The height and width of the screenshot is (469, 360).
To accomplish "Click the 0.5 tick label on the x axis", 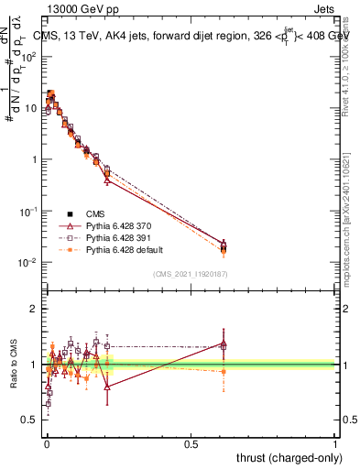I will (191, 442).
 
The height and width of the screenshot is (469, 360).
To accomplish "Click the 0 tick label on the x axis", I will (47, 442).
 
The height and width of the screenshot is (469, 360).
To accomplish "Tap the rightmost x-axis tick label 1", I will (335, 442).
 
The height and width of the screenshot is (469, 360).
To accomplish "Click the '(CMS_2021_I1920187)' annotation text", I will (191, 273).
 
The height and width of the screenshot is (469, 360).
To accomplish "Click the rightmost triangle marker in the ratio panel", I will (223, 344).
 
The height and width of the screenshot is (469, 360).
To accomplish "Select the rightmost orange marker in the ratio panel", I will (223, 371).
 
